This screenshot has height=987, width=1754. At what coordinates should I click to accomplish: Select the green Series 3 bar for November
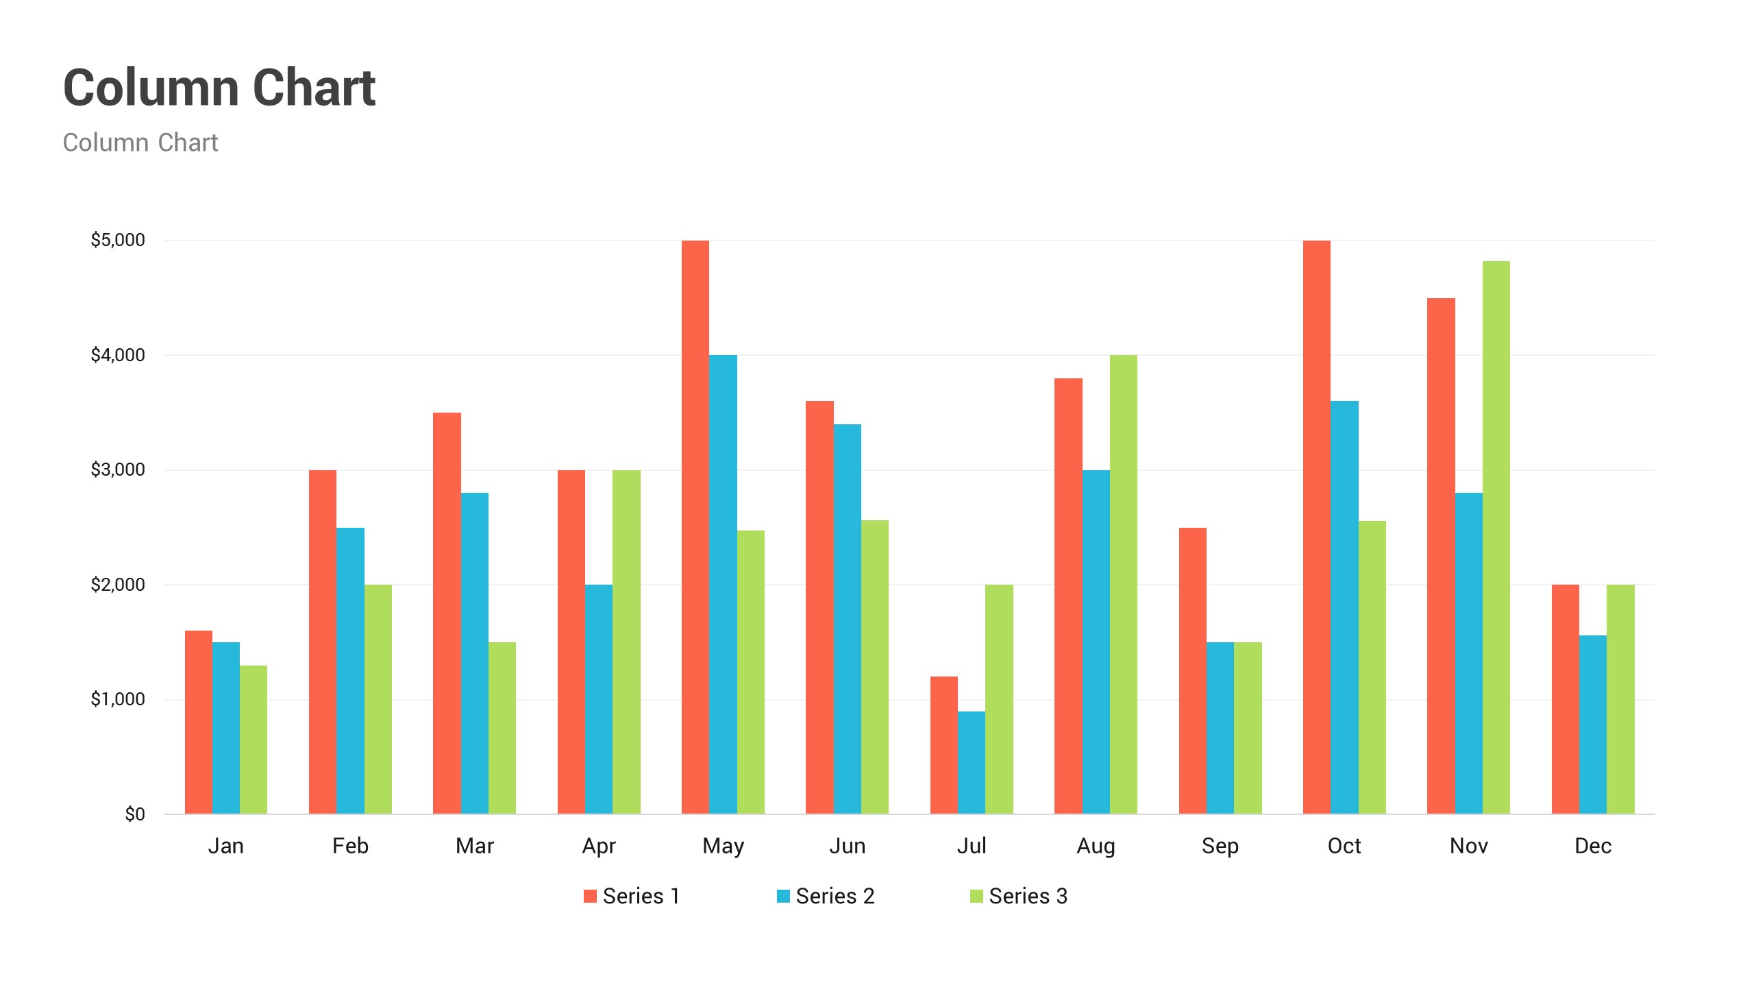point(1496,537)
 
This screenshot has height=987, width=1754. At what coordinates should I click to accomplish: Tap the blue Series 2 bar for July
point(972,762)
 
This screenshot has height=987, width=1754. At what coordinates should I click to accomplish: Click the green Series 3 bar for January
point(254,740)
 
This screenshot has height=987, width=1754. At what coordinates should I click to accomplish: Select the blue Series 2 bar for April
point(599,699)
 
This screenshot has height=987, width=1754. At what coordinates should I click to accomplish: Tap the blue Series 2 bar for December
point(1593,724)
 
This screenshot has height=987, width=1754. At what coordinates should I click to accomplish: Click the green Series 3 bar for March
point(502,728)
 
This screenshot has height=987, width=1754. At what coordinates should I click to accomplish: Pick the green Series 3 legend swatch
point(976,896)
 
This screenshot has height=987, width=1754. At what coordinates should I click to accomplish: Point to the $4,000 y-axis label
point(118,355)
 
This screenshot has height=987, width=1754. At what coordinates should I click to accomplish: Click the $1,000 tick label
point(118,699)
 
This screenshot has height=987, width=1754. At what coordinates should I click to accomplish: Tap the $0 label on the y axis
point(135,814)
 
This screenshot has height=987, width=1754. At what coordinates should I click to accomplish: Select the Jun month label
point(848,846)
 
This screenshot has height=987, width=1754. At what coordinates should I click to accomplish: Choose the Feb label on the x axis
point(350,846)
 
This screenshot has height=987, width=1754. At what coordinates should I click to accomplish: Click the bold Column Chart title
point(219,88)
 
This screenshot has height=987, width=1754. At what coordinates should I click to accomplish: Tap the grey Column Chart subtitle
point(140,143)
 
